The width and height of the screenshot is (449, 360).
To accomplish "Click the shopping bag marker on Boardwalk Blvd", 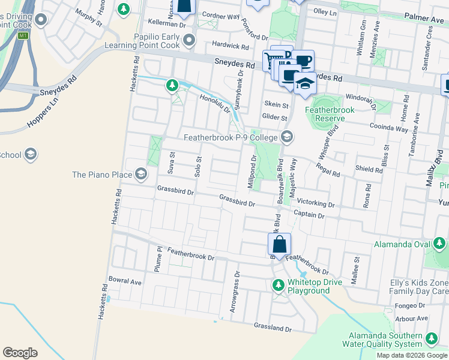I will [279, 244].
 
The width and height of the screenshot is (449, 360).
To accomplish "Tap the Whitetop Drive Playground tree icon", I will [278, 285].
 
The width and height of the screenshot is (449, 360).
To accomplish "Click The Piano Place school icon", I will [140, 175].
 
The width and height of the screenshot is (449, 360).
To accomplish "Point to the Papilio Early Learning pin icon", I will [189, 40].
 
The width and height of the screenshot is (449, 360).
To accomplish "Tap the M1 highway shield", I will [23, 36].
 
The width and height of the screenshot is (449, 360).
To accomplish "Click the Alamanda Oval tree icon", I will [439, 244].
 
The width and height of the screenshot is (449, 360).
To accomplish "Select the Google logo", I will [20, 353].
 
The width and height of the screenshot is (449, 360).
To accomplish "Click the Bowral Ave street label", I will [125, 281].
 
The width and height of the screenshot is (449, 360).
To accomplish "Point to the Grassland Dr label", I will [272, 329].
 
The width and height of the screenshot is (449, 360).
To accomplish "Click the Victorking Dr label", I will [315, 203].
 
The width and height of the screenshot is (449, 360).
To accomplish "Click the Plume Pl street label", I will [158, 259].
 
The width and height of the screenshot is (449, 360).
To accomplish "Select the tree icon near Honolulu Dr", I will [172, 86].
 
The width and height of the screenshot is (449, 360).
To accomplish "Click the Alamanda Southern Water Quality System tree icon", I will [431, 340].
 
